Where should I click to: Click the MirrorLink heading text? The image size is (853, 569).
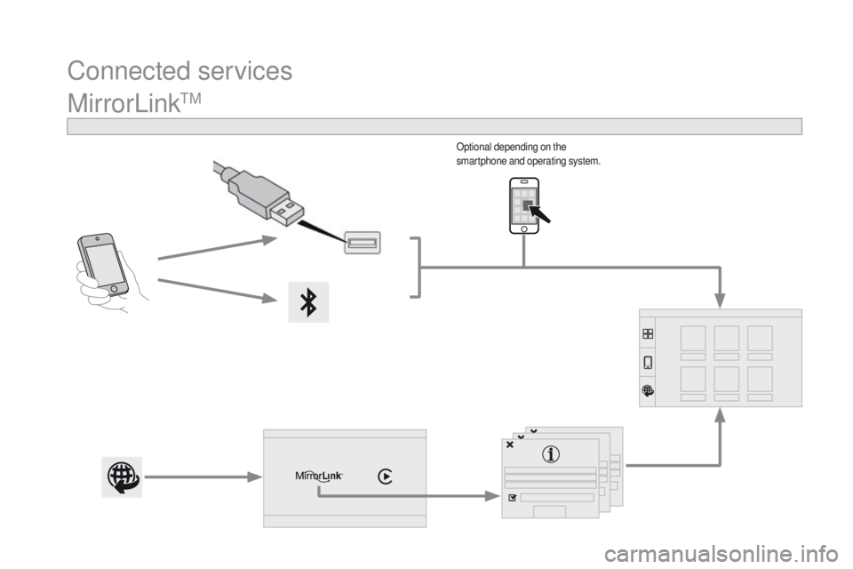[x=134, y=103]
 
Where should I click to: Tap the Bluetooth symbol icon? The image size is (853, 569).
[x=308, y=301]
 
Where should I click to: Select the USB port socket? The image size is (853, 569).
[x=363, y=243]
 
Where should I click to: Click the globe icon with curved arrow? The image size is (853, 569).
[x=122, y=477]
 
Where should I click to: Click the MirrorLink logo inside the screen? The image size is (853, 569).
[x=319, y=476]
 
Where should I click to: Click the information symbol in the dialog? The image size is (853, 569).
[x=551, y=453]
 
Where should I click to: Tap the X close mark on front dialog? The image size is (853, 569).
[x=510, y=445]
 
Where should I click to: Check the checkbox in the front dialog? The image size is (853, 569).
[x=512, y=498]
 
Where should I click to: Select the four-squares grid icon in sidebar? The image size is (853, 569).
[x=648, y=333]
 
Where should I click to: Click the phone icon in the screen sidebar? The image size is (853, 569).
[x=648, y=362]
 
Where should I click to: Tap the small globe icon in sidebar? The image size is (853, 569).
[x=648, y=390]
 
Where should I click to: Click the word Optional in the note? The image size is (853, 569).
[x=474, y=147]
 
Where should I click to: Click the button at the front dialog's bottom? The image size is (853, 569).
[x=549, y=511]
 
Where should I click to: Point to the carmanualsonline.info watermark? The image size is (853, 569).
[x=721, y=555]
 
